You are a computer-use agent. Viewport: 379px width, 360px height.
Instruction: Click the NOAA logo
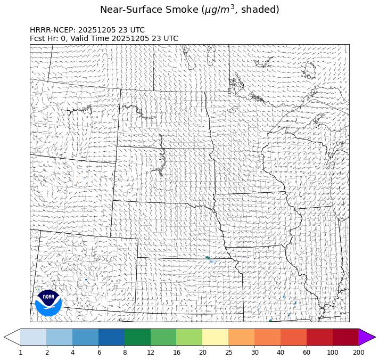48,302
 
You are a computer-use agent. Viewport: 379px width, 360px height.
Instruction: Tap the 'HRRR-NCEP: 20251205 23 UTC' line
87,30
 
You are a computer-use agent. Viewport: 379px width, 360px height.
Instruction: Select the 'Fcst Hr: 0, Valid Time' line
104,38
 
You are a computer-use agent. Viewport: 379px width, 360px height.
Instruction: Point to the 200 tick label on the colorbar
358,352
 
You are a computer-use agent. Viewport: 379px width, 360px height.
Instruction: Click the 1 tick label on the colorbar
20,352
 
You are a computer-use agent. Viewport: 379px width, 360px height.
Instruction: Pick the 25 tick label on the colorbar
228,352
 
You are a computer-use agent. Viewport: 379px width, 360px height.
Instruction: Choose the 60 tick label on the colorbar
307,352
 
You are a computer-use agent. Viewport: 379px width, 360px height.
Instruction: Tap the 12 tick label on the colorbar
151,352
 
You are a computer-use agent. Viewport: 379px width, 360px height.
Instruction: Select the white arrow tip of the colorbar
12,337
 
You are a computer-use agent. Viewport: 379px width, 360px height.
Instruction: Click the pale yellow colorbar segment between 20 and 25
215,337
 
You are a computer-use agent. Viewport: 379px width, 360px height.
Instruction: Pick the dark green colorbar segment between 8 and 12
137,337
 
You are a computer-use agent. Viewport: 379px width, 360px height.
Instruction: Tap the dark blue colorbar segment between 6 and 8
111,337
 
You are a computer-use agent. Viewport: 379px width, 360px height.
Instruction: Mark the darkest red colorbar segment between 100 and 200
345,337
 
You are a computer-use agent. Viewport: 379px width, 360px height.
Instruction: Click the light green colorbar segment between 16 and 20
189,337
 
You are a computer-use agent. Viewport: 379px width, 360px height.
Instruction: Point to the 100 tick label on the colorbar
333,352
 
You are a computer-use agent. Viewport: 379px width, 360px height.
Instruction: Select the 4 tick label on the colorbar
72,352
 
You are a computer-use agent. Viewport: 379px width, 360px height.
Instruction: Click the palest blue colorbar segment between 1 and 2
33,337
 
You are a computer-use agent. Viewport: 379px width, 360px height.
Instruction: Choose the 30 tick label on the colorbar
254,352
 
